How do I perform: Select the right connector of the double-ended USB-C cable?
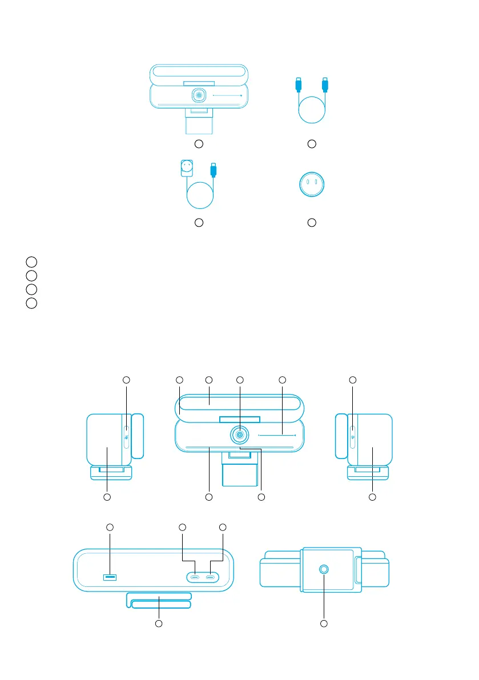pyautogui.click(x=325, y=85)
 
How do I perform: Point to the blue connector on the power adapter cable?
pyautogui.click(x=214, y=170)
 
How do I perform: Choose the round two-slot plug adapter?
pyautogui.click(x=311, y=186)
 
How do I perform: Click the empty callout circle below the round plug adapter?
pyautogui.click(x=312, y=222)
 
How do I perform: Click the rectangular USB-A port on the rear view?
pyautogui.click(x=109, y=578)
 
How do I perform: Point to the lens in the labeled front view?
pyautogui.click(x=239, y=435)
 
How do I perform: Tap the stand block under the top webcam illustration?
pyautogui.click(x=199, y=122)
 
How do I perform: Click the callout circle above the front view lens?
pyautogui.click(x=239, y=380)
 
